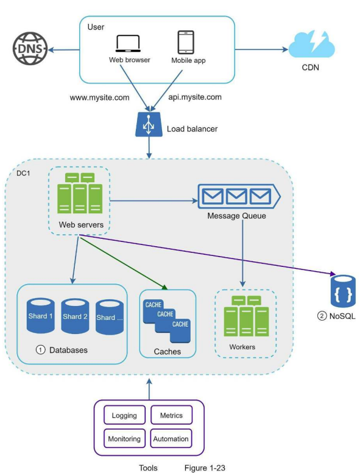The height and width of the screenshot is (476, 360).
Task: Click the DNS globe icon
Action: click(30, 49)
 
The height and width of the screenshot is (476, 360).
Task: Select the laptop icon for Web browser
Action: click(128, 43)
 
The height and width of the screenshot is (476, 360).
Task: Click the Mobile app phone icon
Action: click(186, 42)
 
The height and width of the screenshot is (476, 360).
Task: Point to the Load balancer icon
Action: click(149, 124)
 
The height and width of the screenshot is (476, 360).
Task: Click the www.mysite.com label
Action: click(99, 98)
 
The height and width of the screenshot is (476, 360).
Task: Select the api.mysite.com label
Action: click(195, 97)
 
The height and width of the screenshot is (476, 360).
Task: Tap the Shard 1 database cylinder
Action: click(41, 316)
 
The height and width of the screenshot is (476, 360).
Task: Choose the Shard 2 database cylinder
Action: click(75, 316)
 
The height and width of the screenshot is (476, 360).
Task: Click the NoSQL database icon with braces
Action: click(343, 291)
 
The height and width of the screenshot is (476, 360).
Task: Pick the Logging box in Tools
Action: click(124, 415)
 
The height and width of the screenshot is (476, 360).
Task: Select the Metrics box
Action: click(171, 415)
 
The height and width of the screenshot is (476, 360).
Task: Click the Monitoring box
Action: click(124, 438)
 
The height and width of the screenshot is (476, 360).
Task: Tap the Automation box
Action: click(171, 438)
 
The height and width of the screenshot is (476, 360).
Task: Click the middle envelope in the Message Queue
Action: click(236, 196)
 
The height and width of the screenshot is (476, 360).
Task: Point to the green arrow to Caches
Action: click(124, 262)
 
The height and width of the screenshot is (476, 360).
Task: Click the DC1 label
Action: click(23, 173)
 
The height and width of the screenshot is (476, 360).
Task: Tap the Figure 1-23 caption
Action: click(205, 468)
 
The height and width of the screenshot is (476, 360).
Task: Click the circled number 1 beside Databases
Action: click(40, 350)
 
